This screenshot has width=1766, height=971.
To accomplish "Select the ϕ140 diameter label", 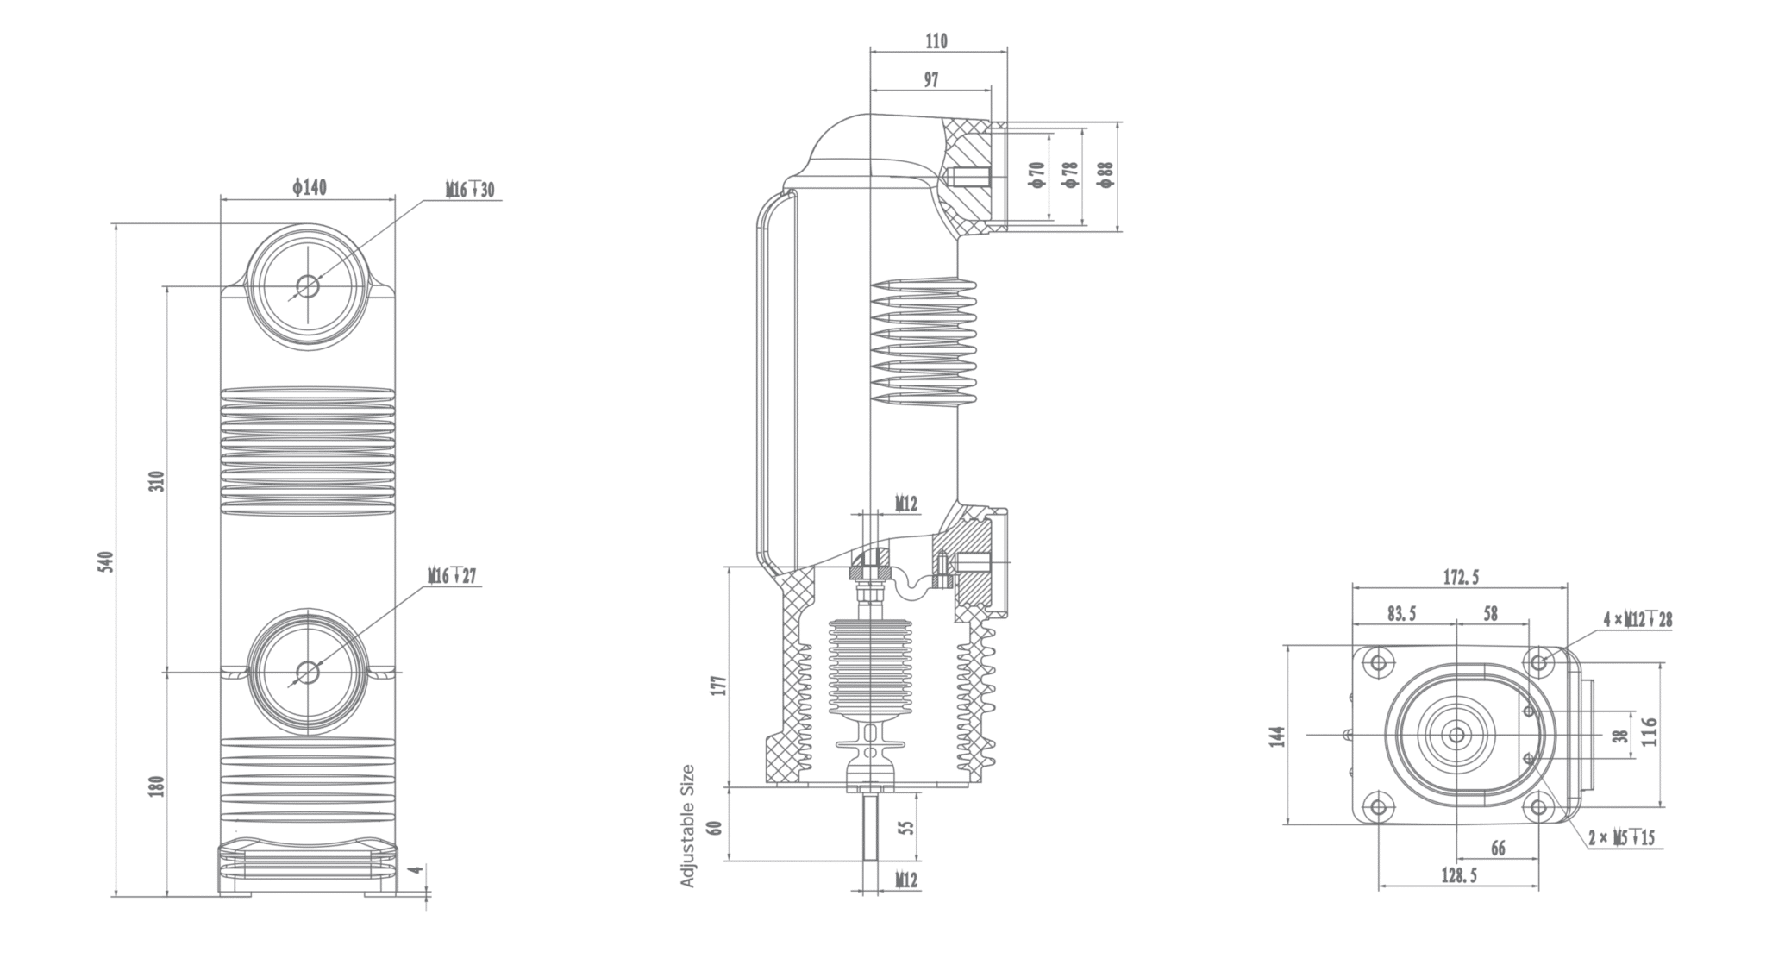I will click(309, 187).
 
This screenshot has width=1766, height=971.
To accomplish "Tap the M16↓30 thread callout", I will click(470, 190).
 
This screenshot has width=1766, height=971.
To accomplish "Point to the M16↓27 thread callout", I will click(452, 575).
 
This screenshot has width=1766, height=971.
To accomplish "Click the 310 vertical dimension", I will click(157, 481).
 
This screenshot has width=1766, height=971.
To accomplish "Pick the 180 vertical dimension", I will click(157, 786).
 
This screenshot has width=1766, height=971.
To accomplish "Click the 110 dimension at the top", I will click(936, 41).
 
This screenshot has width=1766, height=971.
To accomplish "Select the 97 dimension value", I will click(931, 79).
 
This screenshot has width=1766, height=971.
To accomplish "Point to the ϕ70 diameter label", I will click(1036, 175).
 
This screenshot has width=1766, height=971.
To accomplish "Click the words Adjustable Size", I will click(688, 825).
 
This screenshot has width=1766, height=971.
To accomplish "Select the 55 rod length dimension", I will click(905, 827).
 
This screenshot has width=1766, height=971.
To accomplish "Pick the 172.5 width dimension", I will click(1461, 577).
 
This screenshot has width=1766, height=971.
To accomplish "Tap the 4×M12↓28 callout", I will click(1638, 619).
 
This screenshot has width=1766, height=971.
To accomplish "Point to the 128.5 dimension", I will click(1458, 875).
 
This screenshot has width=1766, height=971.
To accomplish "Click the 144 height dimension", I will click(1278, 736).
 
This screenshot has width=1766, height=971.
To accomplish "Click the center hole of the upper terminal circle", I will click(308, 285).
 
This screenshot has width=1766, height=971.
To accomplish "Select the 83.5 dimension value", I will click(1401, 614).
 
